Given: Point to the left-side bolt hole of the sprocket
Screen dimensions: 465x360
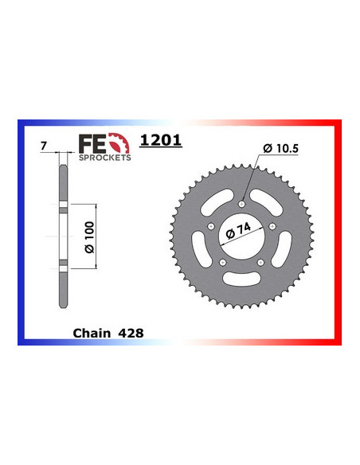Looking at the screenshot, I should point(210,226).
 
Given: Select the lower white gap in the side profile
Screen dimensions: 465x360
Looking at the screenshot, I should point(62,264).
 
